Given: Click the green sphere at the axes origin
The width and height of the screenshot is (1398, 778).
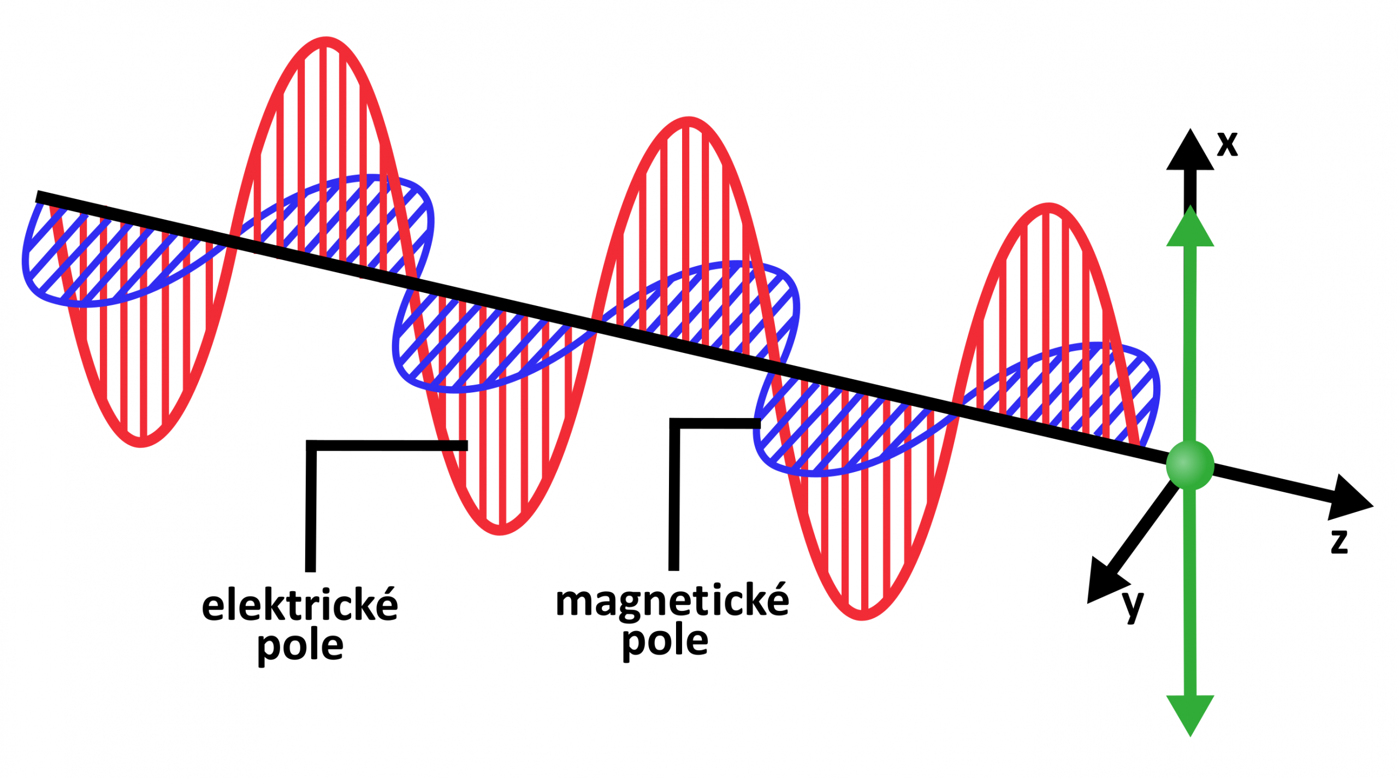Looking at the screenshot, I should coord(1190,465).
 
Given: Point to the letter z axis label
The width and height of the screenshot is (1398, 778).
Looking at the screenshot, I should coord(1339,542).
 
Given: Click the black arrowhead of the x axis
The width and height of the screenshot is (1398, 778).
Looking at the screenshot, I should coord(1190,152).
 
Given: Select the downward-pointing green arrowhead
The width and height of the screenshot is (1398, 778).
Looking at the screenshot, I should coord(1190,713).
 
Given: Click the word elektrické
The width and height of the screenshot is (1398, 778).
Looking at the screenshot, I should coord(300,605).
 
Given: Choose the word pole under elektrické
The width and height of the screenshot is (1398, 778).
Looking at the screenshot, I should coord(300,647).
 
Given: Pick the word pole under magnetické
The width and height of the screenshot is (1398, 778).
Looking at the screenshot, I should coord(665,643).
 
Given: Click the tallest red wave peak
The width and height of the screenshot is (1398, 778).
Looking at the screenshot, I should coord(327,41).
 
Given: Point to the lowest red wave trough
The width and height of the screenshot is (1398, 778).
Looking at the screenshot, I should coord(862,616).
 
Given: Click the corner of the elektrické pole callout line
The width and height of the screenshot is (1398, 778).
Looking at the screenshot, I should coord(311,445).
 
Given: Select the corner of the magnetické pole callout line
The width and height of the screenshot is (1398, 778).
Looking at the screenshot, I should coord(675,423).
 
